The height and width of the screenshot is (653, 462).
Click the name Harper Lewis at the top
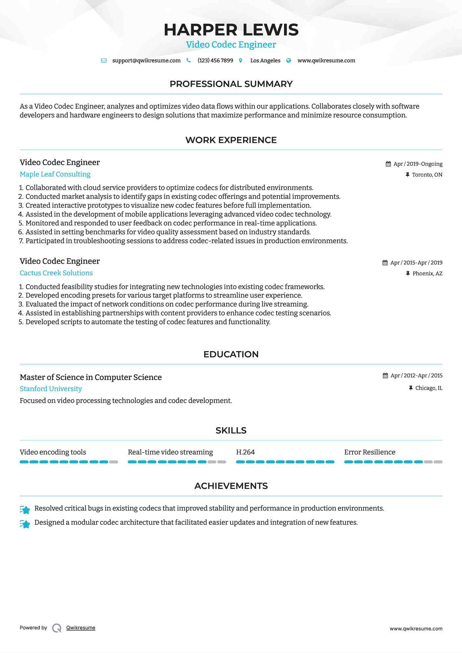coord(231,30)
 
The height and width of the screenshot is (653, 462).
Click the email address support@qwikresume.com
coord(146,60)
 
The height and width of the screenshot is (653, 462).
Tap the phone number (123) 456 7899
coord(215,60)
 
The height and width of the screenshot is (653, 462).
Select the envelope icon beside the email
coord(104,61)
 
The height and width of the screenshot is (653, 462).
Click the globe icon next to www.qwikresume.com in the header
coord(289,60)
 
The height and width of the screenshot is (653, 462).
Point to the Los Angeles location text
coord(265,60)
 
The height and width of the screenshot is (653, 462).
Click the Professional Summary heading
coord(231,84)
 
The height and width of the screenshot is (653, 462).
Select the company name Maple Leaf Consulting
coord(55,174)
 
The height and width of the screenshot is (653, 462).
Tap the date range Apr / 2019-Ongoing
coord(418,164)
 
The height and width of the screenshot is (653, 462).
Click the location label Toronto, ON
coord(427,175)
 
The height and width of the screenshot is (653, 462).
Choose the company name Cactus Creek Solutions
coord(56,273)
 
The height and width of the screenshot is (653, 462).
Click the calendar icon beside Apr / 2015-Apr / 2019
coord(385,263)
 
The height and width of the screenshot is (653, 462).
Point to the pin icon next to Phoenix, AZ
coord(408,273)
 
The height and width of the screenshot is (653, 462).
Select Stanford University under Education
coord(51,389)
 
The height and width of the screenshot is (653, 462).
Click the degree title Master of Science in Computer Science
coord(91,377)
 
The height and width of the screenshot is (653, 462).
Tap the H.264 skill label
coord(245,452)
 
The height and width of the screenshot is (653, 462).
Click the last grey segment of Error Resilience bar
coord(438,462)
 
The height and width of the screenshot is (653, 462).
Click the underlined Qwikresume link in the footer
coord(81,628)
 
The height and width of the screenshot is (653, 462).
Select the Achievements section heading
coord(231,486)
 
